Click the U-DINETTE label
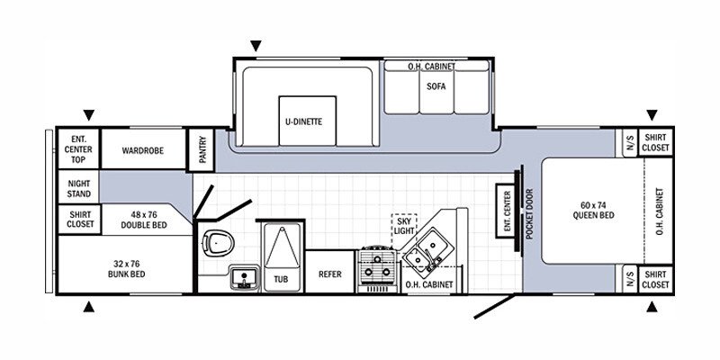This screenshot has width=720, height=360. (299, 121)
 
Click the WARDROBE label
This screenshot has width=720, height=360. (142, 149)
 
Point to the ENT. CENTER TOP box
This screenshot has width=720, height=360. (77, 149)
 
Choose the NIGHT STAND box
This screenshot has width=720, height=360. (78, 188)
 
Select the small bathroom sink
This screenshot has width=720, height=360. (240, 277)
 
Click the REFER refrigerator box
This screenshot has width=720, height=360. (329, 274)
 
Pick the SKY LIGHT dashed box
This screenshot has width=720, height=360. (404, 226)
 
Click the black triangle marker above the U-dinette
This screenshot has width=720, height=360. (256, 45)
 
